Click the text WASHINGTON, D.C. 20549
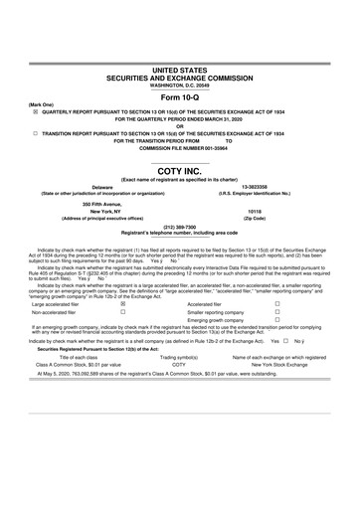click(x=179, y=85)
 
